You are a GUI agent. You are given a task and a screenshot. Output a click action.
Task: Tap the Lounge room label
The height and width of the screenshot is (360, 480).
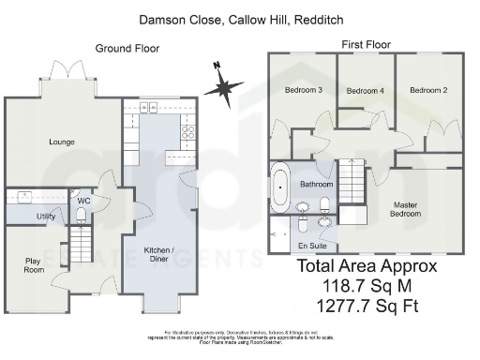click(62, 142)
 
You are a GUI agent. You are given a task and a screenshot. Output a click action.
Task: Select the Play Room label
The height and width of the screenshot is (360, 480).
click(34, 265)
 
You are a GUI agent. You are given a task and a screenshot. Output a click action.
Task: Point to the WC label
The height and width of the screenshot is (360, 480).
click(82, 200)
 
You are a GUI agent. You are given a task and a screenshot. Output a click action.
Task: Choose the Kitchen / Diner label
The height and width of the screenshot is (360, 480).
click(160, 254)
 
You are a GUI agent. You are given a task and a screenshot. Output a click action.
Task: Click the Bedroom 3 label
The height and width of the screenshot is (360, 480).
click(303, 90)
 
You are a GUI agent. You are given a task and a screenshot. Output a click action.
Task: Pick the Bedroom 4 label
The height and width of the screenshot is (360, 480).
click(365, 91)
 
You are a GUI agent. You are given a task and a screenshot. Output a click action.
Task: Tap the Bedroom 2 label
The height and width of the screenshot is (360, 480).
click(427, 90)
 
